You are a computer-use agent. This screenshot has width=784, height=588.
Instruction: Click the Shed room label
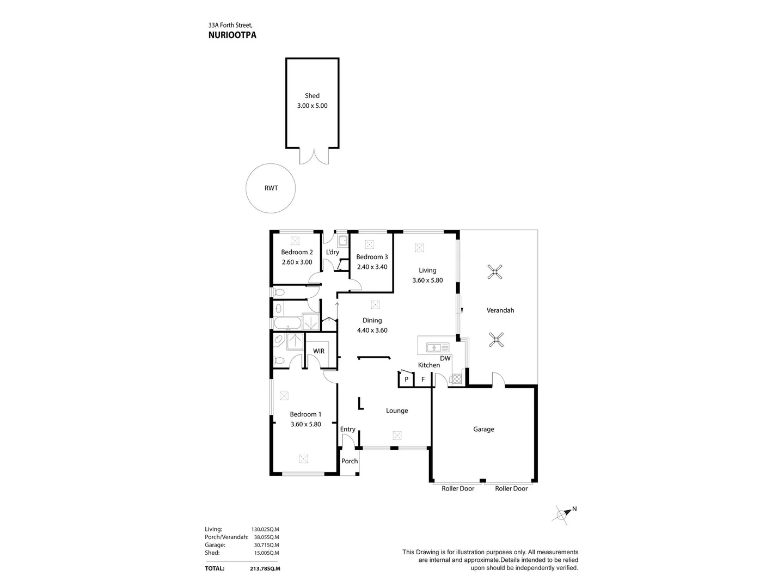click(x=312, y=96)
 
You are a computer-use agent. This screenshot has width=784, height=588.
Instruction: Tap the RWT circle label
click(x=271, y=188)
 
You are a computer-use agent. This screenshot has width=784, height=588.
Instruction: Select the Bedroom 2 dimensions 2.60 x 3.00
click(x=297, y=262)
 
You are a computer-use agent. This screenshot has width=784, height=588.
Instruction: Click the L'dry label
click(x=332, y=252)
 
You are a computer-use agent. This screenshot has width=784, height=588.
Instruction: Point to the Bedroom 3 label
click(x=372, y=257)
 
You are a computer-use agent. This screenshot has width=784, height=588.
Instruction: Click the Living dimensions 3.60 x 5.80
click(x=427, y=280)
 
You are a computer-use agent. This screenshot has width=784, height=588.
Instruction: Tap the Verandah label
click(x=500, y=310)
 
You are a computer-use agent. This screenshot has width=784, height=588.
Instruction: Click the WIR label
click(x=318, y=351)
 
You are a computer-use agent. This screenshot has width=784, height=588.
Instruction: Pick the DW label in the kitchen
click(x=445, y=358)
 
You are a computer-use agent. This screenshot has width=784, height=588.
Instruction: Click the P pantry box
click(x=406, y=379)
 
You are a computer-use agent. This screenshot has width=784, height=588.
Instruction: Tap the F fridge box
click(x=422, y=379)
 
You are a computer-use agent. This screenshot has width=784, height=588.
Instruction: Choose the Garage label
click(x=483, y=429)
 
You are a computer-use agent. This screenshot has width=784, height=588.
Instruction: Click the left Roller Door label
click(x=458, y=488)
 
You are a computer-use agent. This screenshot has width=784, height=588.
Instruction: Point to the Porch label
click(x=350, y=461)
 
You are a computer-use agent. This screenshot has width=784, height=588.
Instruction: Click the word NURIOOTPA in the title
click(x=232, y=35)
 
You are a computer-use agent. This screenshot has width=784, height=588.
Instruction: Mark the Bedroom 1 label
click(x=305, y=414)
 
